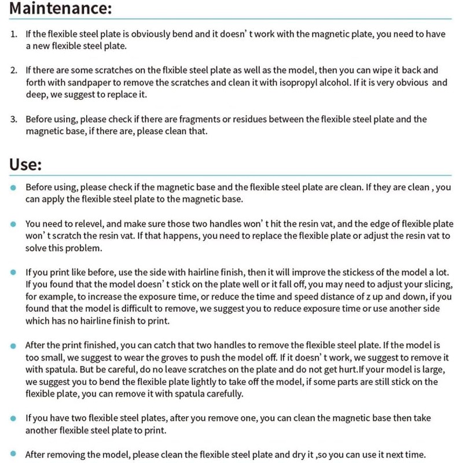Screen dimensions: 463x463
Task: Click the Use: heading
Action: coord(25,164)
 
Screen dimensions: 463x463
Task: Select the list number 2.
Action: coord(13,71)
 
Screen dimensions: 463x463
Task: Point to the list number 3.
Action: coord(13,120)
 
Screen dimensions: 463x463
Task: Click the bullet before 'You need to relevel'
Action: coord(13,224)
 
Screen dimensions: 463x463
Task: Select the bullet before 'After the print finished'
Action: coord(13,346)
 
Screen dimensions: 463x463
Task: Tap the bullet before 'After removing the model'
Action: coord(13,454)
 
